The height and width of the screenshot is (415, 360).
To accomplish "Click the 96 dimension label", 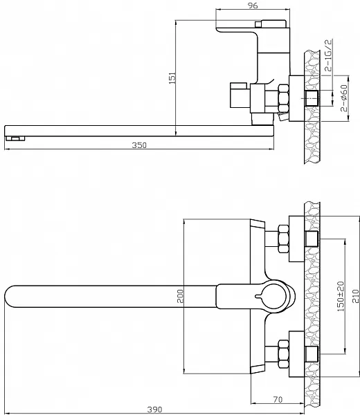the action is click(253, 6).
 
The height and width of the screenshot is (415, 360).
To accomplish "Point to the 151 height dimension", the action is click(172, 78).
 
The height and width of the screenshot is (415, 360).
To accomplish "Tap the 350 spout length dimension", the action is click(139, 145).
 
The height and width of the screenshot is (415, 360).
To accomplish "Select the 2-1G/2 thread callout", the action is click(328, 55).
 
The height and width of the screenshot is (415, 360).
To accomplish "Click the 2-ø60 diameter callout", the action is click(344, 98).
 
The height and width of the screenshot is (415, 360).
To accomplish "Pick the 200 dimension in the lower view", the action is click(180, 297).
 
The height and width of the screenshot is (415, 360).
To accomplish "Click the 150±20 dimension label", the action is click(341, 297).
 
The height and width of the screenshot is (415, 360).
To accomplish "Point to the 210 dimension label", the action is click(356, 297).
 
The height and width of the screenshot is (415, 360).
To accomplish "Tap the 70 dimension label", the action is click(278, 399).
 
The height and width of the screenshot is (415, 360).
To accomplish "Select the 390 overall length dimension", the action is click(154, 409).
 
